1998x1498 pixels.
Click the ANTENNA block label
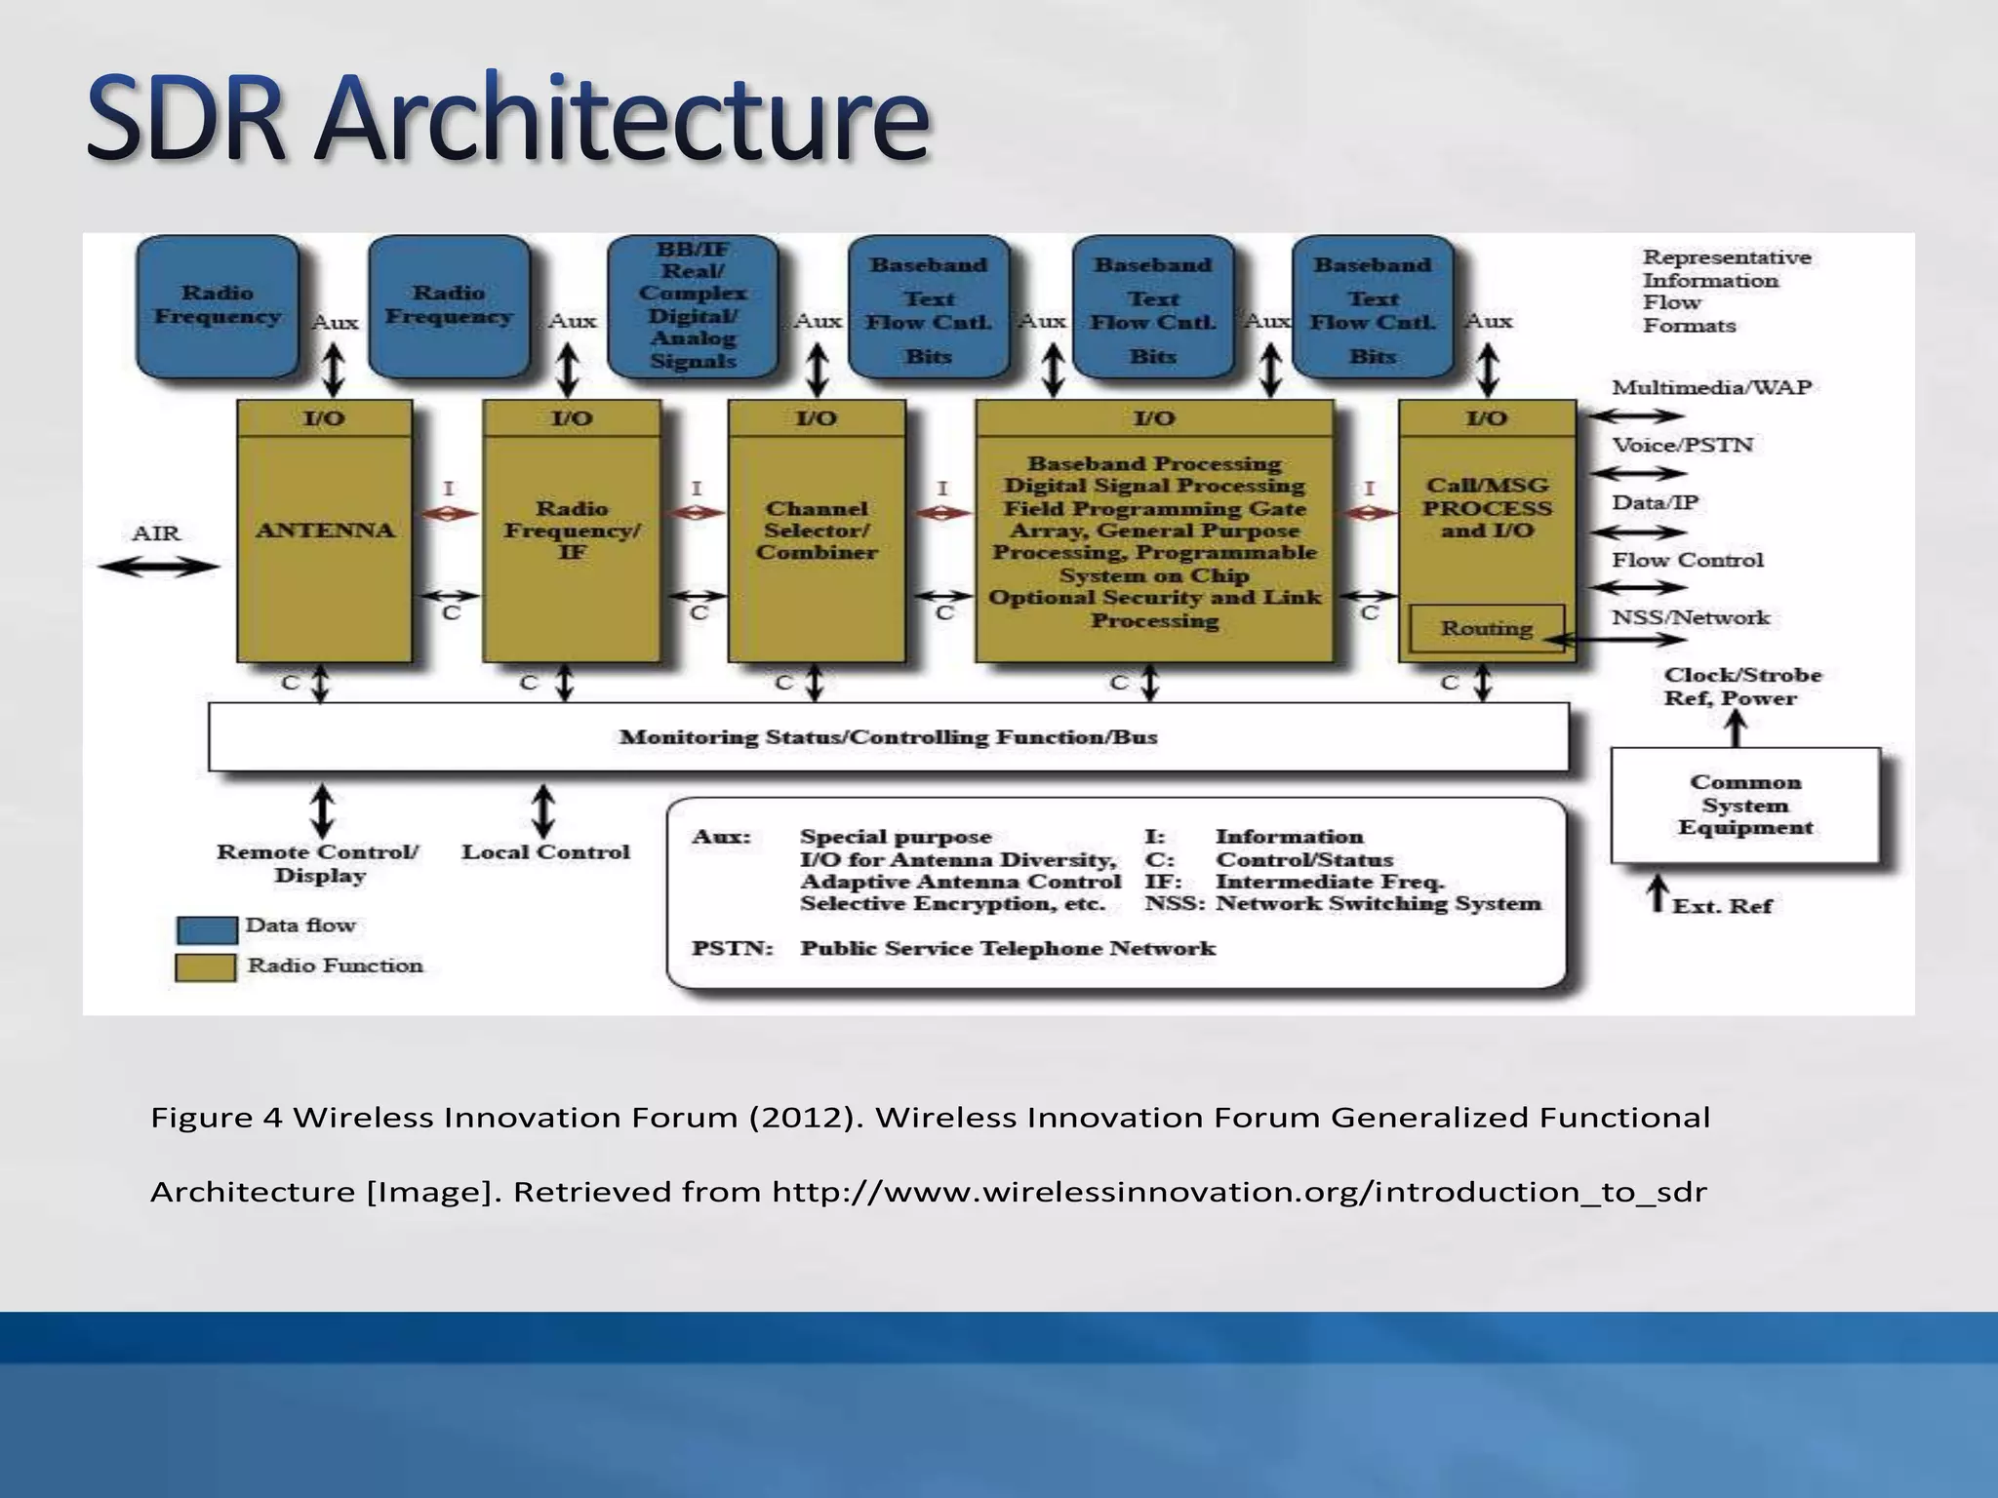tap(325, 531)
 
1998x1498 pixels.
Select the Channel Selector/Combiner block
tap(817, 531)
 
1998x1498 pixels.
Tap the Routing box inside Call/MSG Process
tap(1486, 629)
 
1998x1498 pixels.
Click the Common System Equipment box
tap(1744, 805)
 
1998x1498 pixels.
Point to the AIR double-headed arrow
tap(158, 567)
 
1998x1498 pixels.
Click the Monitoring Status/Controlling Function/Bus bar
tap(888, 737)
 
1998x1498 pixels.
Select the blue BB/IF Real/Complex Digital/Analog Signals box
tap(693, 305)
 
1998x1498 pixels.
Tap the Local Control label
tap(545, 852)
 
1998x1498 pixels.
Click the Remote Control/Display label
tap(318, 863)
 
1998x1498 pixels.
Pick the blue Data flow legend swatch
tap(207, 929)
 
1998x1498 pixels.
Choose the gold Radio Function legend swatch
tap(206, 967)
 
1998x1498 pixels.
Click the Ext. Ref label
tap(1722, 906)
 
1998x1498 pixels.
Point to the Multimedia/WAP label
tap(1711, 388)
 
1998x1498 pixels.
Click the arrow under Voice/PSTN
tap(1638, 474)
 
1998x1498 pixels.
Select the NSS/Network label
tap(1690, 617)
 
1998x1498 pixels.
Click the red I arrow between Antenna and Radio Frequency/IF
tap(449, 513)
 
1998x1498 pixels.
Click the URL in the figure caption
tap(1239, 1192)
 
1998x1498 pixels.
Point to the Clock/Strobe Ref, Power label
tap(1742, 687)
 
